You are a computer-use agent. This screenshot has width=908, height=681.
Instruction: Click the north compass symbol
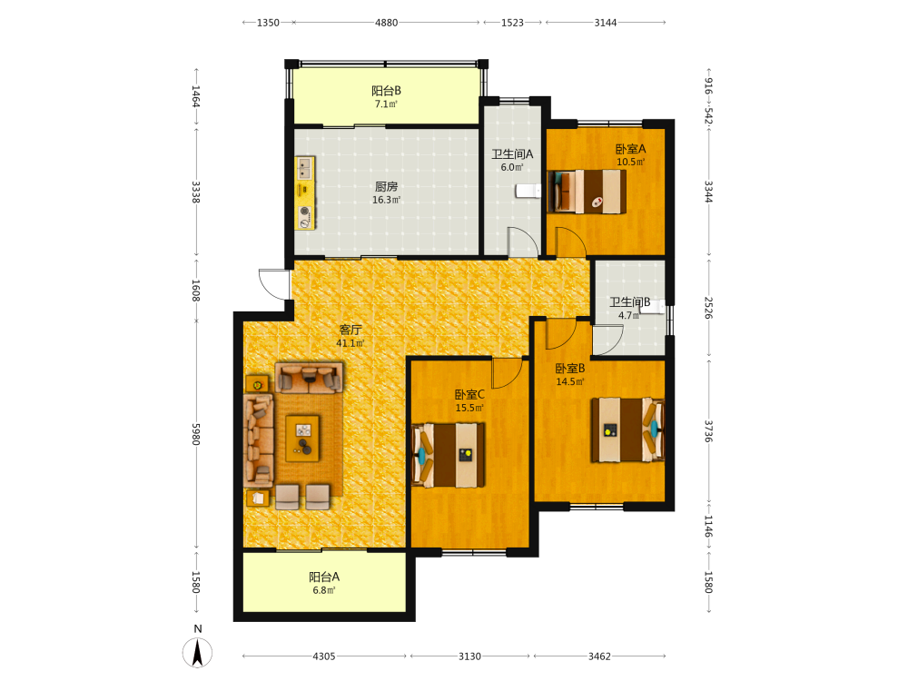pos(197,652)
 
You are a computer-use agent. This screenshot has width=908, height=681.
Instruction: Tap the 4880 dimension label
pos(386,23)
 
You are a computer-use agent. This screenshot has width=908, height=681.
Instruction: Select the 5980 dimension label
pos(196,434)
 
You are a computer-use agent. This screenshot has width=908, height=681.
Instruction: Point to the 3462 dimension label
pos(599,656)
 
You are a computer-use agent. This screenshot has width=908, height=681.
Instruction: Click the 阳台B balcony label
pos(386,91)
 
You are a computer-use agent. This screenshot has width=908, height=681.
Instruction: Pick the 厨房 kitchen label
pos(386,186)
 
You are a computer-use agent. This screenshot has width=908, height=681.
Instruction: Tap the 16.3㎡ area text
pos(386,200)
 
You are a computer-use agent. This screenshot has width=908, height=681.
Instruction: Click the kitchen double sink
pos(304,169)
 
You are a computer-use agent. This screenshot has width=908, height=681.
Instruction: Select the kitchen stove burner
pos(304,216)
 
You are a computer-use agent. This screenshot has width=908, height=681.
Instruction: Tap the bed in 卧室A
pos(587,191)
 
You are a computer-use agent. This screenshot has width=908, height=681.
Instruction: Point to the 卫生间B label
pos(629,302)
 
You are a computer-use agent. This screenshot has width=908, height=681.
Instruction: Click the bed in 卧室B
pos(627,429)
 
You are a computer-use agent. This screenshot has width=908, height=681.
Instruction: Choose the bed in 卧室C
pos(449,455)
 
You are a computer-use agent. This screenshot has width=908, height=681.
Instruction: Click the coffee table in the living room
pos(303,439)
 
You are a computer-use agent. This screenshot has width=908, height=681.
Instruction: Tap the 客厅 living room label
pos(350,330)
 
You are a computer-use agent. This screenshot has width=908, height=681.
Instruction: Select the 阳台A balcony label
pos(324,577)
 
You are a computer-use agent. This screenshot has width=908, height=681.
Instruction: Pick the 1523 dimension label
pos(512,23)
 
